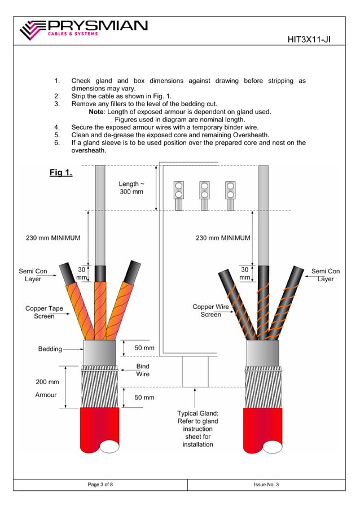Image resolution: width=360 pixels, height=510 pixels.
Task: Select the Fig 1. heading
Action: coord(60,172)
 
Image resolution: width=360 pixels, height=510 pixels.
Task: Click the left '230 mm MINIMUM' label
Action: coord(53,238)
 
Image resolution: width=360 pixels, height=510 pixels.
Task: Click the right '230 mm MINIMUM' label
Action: coord(222,238)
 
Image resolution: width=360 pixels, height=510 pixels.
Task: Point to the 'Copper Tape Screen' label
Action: coord(44,312)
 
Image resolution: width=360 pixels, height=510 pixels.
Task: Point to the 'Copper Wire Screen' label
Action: coord(210,311)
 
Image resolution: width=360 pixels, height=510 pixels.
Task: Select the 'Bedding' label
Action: coord(50,349)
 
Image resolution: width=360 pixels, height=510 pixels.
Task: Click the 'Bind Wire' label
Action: coord(143,370)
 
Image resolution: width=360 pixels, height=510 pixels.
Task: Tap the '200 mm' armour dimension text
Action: coord(47,382)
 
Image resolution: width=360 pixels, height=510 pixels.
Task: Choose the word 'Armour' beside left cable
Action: coord(46,395)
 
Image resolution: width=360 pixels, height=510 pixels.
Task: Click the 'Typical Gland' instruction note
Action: coord(197,429)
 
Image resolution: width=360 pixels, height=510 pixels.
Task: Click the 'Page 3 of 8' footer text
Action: coord(100,485)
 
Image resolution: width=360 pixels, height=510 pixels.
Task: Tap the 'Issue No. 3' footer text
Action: coord(266,485)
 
